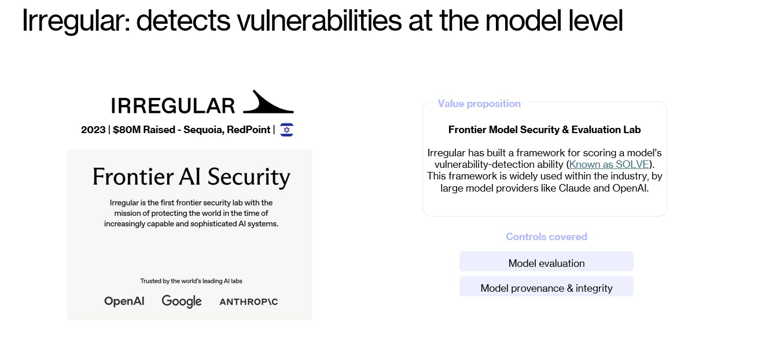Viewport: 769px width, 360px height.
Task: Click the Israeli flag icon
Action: [286, 130]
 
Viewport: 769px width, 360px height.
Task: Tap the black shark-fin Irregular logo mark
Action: [268, 102]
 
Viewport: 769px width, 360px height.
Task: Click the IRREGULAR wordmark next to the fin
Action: [173, 105]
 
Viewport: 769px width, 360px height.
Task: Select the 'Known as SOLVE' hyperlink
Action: [609, 164]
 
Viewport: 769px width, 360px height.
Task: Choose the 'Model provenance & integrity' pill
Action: [546, 287]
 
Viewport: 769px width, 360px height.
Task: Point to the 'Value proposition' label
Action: [479, 104]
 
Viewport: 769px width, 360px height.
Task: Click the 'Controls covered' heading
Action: [547, 237]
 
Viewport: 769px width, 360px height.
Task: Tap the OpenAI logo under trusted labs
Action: [124, 302]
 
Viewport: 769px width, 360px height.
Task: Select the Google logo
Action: [182, 302]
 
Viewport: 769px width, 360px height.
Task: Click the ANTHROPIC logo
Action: [249, 302]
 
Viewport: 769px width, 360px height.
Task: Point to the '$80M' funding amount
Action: [127, 130]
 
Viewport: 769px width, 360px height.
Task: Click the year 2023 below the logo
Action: [93, 130]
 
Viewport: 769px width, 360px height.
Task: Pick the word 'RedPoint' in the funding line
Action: [249, 130]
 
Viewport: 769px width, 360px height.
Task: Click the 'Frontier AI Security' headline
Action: [191, 177]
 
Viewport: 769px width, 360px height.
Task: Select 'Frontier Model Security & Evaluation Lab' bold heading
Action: [544, 130]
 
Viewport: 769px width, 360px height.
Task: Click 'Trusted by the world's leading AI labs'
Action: [191, 281]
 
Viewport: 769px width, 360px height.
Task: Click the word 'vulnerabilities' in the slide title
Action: [319, 21]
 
